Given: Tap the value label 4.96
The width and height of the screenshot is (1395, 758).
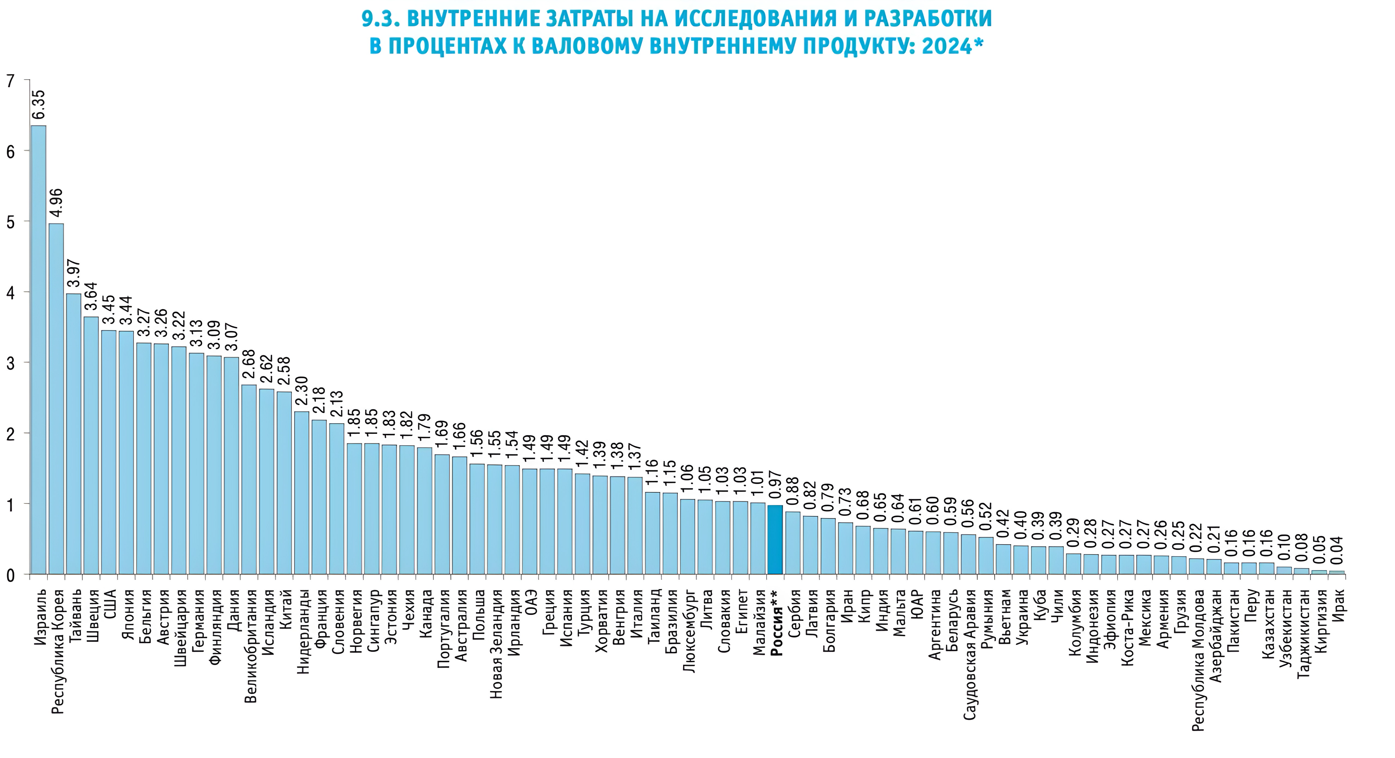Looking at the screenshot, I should (56, 205).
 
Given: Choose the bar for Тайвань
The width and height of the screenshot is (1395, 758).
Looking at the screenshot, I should (74, 434).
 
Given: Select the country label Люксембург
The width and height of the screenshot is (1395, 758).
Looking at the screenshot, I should (689, 631).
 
